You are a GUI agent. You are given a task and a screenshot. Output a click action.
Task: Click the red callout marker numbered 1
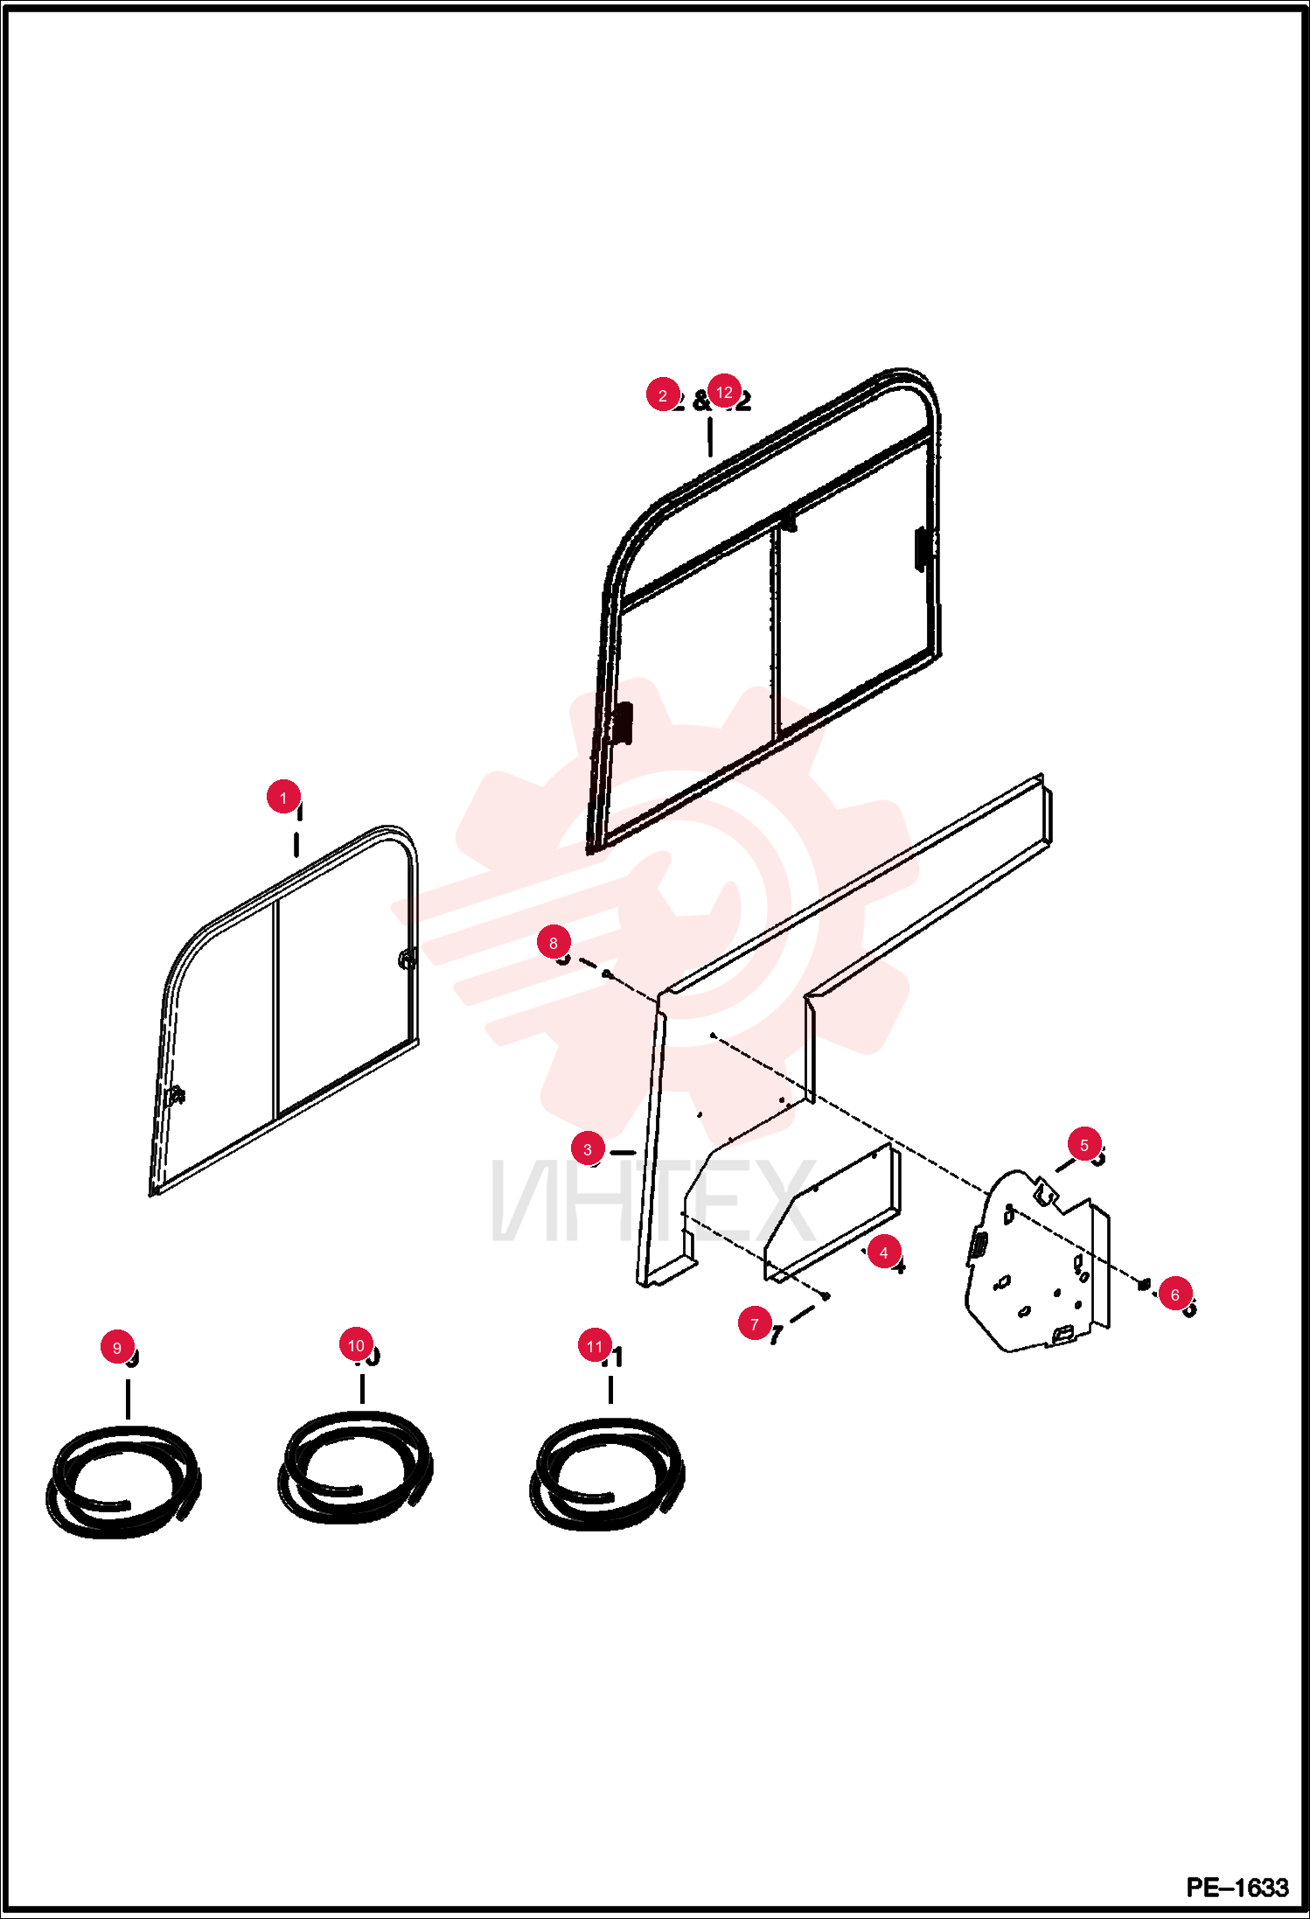pos(283,797)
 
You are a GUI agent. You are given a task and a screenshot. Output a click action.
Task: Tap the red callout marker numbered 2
pos(663,395)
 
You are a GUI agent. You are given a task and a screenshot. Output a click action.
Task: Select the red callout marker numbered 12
pos(724,392)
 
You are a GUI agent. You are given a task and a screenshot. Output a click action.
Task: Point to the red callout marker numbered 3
pos(588,1148)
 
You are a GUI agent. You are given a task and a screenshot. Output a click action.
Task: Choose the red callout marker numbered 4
pos(884,1253)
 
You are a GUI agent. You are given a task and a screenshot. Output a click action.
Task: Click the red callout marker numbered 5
pos(1084,1144)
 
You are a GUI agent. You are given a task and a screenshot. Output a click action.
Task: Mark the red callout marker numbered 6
pos(1175,1294)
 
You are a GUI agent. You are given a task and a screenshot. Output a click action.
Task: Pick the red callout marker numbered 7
pos(755,1323)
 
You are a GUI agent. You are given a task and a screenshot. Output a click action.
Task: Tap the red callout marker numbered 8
pos(554,942)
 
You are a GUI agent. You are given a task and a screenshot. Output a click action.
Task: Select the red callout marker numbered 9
pos(117,1347)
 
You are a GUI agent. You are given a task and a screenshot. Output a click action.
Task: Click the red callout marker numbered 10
pos(356,1344)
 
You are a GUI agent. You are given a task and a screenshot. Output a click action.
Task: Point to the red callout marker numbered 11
pos(595,1345)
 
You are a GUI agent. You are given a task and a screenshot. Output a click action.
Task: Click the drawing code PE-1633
pos(1237,1887)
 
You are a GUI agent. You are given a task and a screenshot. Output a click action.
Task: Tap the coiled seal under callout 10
pos(354,1512)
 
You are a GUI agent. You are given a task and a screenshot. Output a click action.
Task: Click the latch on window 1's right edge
pos(407,959)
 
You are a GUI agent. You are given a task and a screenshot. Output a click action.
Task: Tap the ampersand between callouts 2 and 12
pos(701,401)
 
